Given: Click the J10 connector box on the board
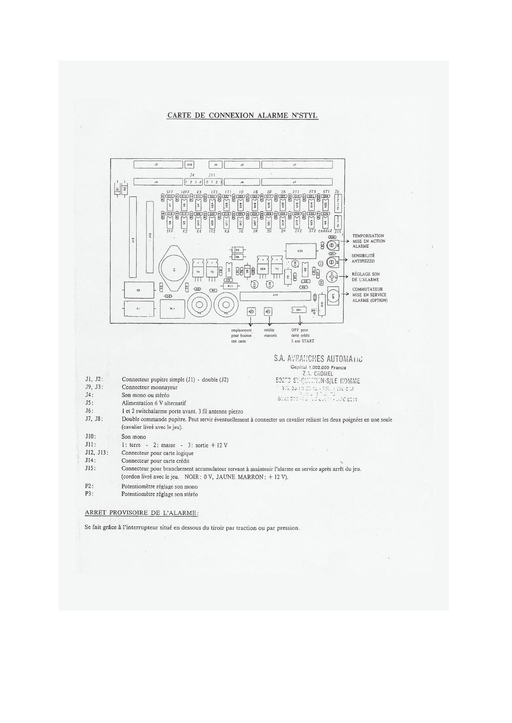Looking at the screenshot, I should [189, 165].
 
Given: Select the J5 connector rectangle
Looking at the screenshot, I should [215, 165].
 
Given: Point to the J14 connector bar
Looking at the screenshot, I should [275, 295].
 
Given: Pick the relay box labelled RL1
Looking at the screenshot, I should [172, 308].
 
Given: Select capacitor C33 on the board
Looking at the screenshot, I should [300, 251].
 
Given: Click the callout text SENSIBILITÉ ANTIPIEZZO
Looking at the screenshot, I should [363, 258].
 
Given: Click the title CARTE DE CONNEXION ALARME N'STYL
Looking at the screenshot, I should [242, 115].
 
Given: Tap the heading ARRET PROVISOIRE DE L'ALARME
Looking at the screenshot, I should [142, 513].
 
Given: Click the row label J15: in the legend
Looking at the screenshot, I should [90, 468].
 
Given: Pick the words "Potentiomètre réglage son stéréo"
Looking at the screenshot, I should [159, 494].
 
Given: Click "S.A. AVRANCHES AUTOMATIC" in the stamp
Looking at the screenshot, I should [318, 358].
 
